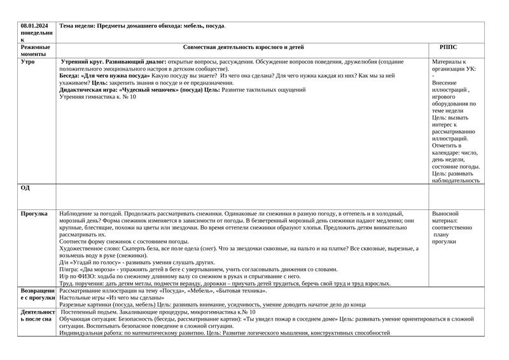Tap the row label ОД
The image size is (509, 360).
(25, 188)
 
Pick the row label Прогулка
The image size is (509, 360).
(34, 214)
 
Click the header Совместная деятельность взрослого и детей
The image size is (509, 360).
(243, 48)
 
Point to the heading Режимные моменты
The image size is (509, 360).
(33, 52)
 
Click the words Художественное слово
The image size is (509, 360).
(87, 249)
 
